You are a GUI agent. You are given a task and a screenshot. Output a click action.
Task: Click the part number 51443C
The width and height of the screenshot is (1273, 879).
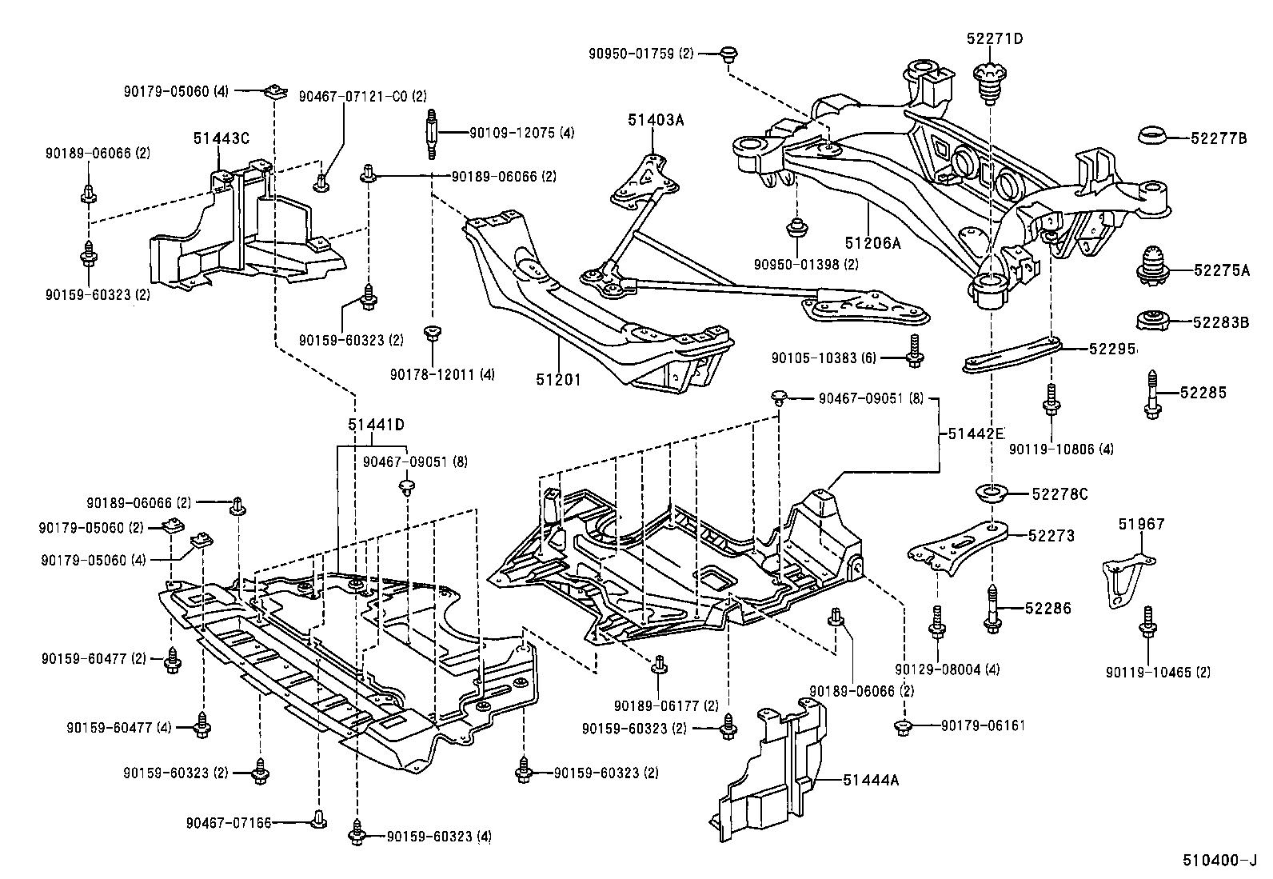pos(221,138)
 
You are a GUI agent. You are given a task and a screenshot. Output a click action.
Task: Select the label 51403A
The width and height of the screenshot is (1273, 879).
pos(656,121)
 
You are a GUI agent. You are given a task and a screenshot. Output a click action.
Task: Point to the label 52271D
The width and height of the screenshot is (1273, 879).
pos(994,38)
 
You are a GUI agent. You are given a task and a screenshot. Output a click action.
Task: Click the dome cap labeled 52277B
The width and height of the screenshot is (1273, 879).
pos(1154,137)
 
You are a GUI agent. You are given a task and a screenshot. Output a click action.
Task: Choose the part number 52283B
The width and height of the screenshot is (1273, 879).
pos(1220,322)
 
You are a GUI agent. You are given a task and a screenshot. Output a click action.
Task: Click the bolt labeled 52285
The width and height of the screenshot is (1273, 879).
pos(1153,393)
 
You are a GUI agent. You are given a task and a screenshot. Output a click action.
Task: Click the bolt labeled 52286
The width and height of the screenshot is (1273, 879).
pos(993,609)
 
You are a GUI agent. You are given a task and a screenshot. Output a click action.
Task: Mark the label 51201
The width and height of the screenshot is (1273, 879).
pos(558,380)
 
